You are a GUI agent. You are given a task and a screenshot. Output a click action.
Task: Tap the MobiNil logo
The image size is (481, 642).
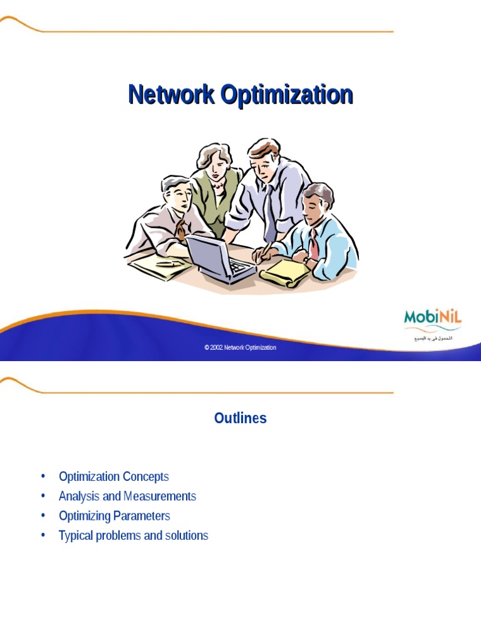432,317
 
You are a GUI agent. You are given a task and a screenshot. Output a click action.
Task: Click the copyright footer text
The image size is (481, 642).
240,347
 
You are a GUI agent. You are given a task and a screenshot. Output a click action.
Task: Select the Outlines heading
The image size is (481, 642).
240,418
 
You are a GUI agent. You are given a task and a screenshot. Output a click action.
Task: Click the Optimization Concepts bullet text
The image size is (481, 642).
113,476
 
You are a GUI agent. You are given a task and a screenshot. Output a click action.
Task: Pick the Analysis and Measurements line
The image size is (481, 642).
127,496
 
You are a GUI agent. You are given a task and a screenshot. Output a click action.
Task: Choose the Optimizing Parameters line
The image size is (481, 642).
114,516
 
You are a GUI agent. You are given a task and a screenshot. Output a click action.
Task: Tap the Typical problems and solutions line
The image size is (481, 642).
133,535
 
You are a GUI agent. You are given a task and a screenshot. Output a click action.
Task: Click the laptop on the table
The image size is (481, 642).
219,258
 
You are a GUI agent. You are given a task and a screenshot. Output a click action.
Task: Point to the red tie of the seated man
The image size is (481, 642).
314,243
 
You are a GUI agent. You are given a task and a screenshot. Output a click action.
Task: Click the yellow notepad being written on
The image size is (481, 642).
285,273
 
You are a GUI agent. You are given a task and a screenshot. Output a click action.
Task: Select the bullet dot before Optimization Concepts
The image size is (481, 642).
43,476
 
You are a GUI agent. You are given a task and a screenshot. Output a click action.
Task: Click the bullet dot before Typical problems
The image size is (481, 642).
43,535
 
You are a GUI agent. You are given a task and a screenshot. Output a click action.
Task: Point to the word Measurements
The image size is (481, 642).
160,496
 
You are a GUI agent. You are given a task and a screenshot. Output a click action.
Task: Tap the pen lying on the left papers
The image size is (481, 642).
168,264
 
